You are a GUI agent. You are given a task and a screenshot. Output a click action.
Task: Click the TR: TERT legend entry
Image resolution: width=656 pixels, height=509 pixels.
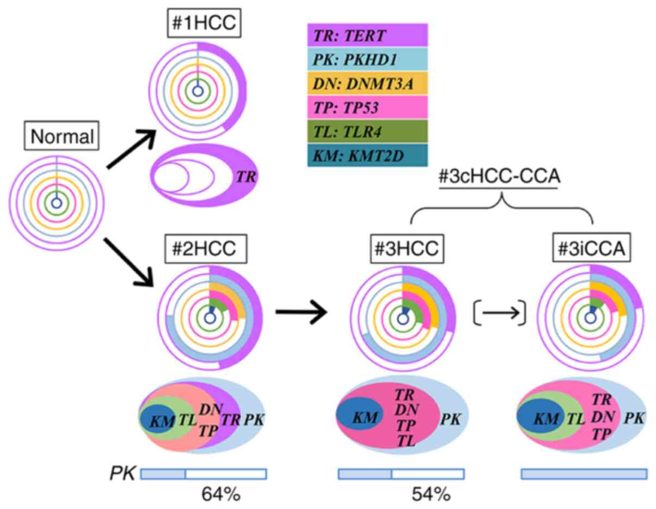click(x=367, y=36)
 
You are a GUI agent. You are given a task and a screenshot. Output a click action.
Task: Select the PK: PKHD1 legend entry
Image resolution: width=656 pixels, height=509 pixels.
click(x=367, y=59)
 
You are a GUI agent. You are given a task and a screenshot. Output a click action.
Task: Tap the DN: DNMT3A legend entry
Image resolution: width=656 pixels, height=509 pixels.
click(x=367, y=84)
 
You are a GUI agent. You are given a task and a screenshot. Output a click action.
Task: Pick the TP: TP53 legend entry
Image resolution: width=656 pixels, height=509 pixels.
click(x=367, y=108)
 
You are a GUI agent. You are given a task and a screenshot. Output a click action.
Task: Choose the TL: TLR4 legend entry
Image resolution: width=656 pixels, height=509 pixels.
click(x=367, y=132)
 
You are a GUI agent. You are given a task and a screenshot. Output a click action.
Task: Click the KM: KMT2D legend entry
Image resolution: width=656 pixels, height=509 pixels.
click(x=367, y=155)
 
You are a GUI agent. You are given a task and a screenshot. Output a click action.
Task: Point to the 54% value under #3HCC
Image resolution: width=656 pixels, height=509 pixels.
click(x=431, y=494)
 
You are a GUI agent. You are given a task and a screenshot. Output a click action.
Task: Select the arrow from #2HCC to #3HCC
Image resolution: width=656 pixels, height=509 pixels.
click(x=302, y=312)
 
